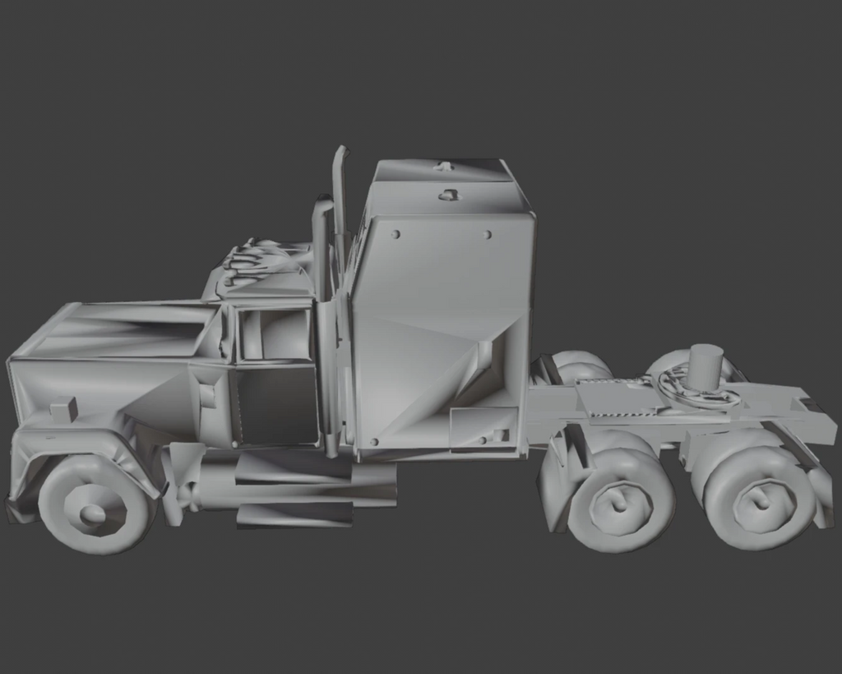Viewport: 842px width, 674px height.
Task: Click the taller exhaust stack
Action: (x=339, y=206)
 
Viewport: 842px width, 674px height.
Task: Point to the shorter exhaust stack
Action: (x=320, y=247)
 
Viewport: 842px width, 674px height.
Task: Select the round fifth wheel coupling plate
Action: (x=695, y=391)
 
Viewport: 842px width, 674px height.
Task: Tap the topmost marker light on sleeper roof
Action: (x=444, y=167)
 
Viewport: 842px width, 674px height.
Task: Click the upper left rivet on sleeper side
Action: (x=396, y=235)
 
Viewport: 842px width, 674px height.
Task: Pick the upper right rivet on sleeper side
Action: (x=488, y=235)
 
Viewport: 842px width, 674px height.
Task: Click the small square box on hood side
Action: (x=63, y=408)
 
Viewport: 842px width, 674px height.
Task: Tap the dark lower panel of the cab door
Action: (x=275, y=405)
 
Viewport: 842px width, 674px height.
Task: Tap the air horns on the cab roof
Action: (x=255, y=258)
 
